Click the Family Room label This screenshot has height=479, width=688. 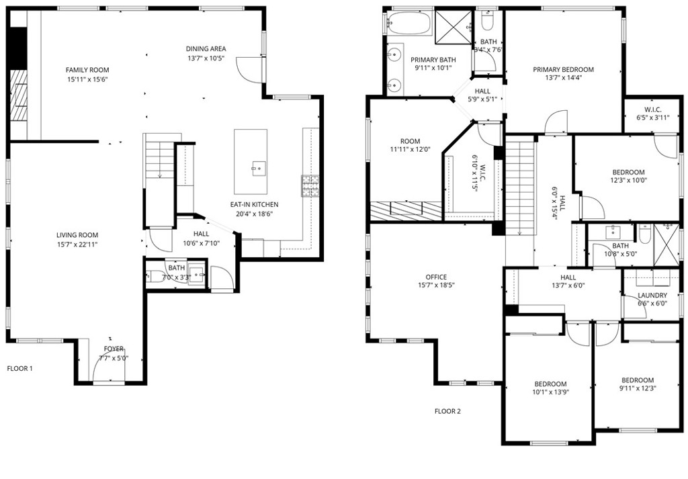pyautogui.click(x=87, y=70)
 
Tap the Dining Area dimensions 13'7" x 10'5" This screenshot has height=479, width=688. pyautogui.click(x=206, y=58)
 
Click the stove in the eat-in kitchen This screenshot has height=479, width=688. pyautogui.click(x=310, y=185)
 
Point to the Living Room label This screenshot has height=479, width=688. pyautogui.click(x=77, y=235)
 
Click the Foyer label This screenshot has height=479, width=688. pyautogui.click(x=114, y=349)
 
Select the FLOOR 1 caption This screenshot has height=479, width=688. pyautogui.click(x=19, y=368)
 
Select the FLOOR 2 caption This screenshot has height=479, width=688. pyautogui.click(x=447, y=411)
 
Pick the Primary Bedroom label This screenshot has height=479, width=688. pyautogui.click(x=563, y=69)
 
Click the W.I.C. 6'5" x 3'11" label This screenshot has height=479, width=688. pyautogui.click(x=652, y=110)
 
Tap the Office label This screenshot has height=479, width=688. pyautogui.click(x=435, y=277)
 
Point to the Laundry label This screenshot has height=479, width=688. pyautogui.click(x=652, y=296)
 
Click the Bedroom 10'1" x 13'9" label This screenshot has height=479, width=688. pyautogui.click(x=550, y=384)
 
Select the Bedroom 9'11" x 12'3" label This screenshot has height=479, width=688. pyautogui.click(x=637, y=380)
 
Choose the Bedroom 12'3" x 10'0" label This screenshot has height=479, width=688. pyautogui.click(x=628, y=173)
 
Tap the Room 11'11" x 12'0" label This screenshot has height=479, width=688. pyautogui.click(x=410, y=141)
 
